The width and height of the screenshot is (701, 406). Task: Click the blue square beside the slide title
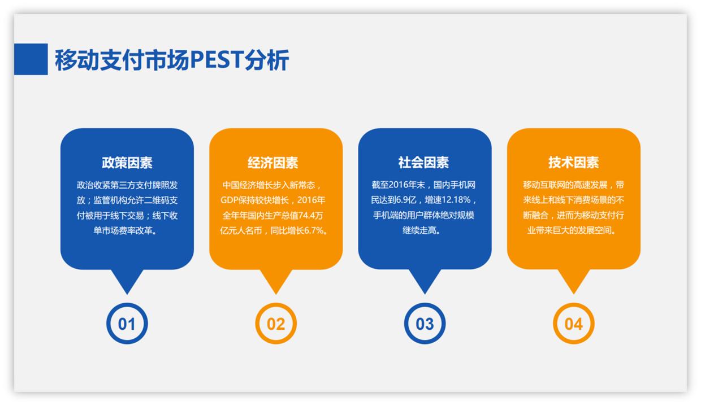(x=31, y=59)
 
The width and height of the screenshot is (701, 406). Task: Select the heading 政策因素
(x=127, y=163)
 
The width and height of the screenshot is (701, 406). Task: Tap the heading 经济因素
(x=276, y=163)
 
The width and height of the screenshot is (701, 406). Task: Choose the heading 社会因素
(x=425, y=163)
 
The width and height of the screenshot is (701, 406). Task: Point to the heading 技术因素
(x=573, y=163)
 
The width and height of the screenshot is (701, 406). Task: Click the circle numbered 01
(x=127, y=324)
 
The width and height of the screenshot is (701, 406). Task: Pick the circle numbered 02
(x=276, y=324)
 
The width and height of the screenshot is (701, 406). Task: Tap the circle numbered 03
(x=425, y=324)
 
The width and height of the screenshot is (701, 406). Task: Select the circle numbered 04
(x=573, y=324)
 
